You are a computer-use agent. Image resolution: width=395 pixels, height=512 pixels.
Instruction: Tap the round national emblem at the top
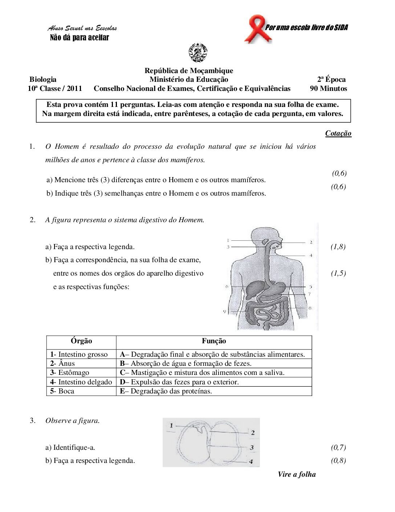(198, 52)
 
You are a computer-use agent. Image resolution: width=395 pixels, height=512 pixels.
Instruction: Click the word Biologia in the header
(43, 79)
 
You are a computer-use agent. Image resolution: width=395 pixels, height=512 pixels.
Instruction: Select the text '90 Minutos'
(328, 88)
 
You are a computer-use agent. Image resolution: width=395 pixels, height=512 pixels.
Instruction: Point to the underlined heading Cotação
(338, 133)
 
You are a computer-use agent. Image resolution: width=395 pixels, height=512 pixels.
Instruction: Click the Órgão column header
(81, 341)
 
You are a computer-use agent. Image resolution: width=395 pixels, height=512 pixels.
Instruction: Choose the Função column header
(214, 341)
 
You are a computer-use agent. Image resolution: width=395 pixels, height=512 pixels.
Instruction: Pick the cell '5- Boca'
(62, 391)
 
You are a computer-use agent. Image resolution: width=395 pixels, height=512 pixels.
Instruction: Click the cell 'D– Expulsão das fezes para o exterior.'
(179, 382)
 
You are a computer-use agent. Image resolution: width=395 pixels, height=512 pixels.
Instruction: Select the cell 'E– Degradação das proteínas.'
(166, 391)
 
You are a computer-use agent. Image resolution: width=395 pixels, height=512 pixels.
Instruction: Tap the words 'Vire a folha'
(297, 474)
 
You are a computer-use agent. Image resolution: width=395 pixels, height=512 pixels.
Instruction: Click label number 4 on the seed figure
(251, 461)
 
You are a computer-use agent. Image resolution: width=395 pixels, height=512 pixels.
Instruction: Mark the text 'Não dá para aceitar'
(79, 37)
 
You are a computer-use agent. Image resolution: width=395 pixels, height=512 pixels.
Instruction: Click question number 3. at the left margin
(33, 421)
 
